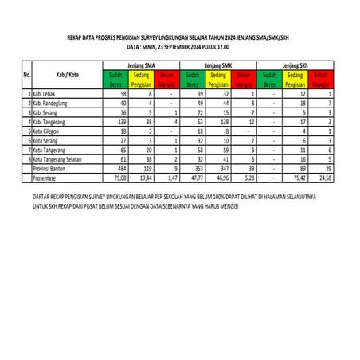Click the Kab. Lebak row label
[x=49, y=94]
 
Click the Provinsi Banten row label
[x=53, y=169]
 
